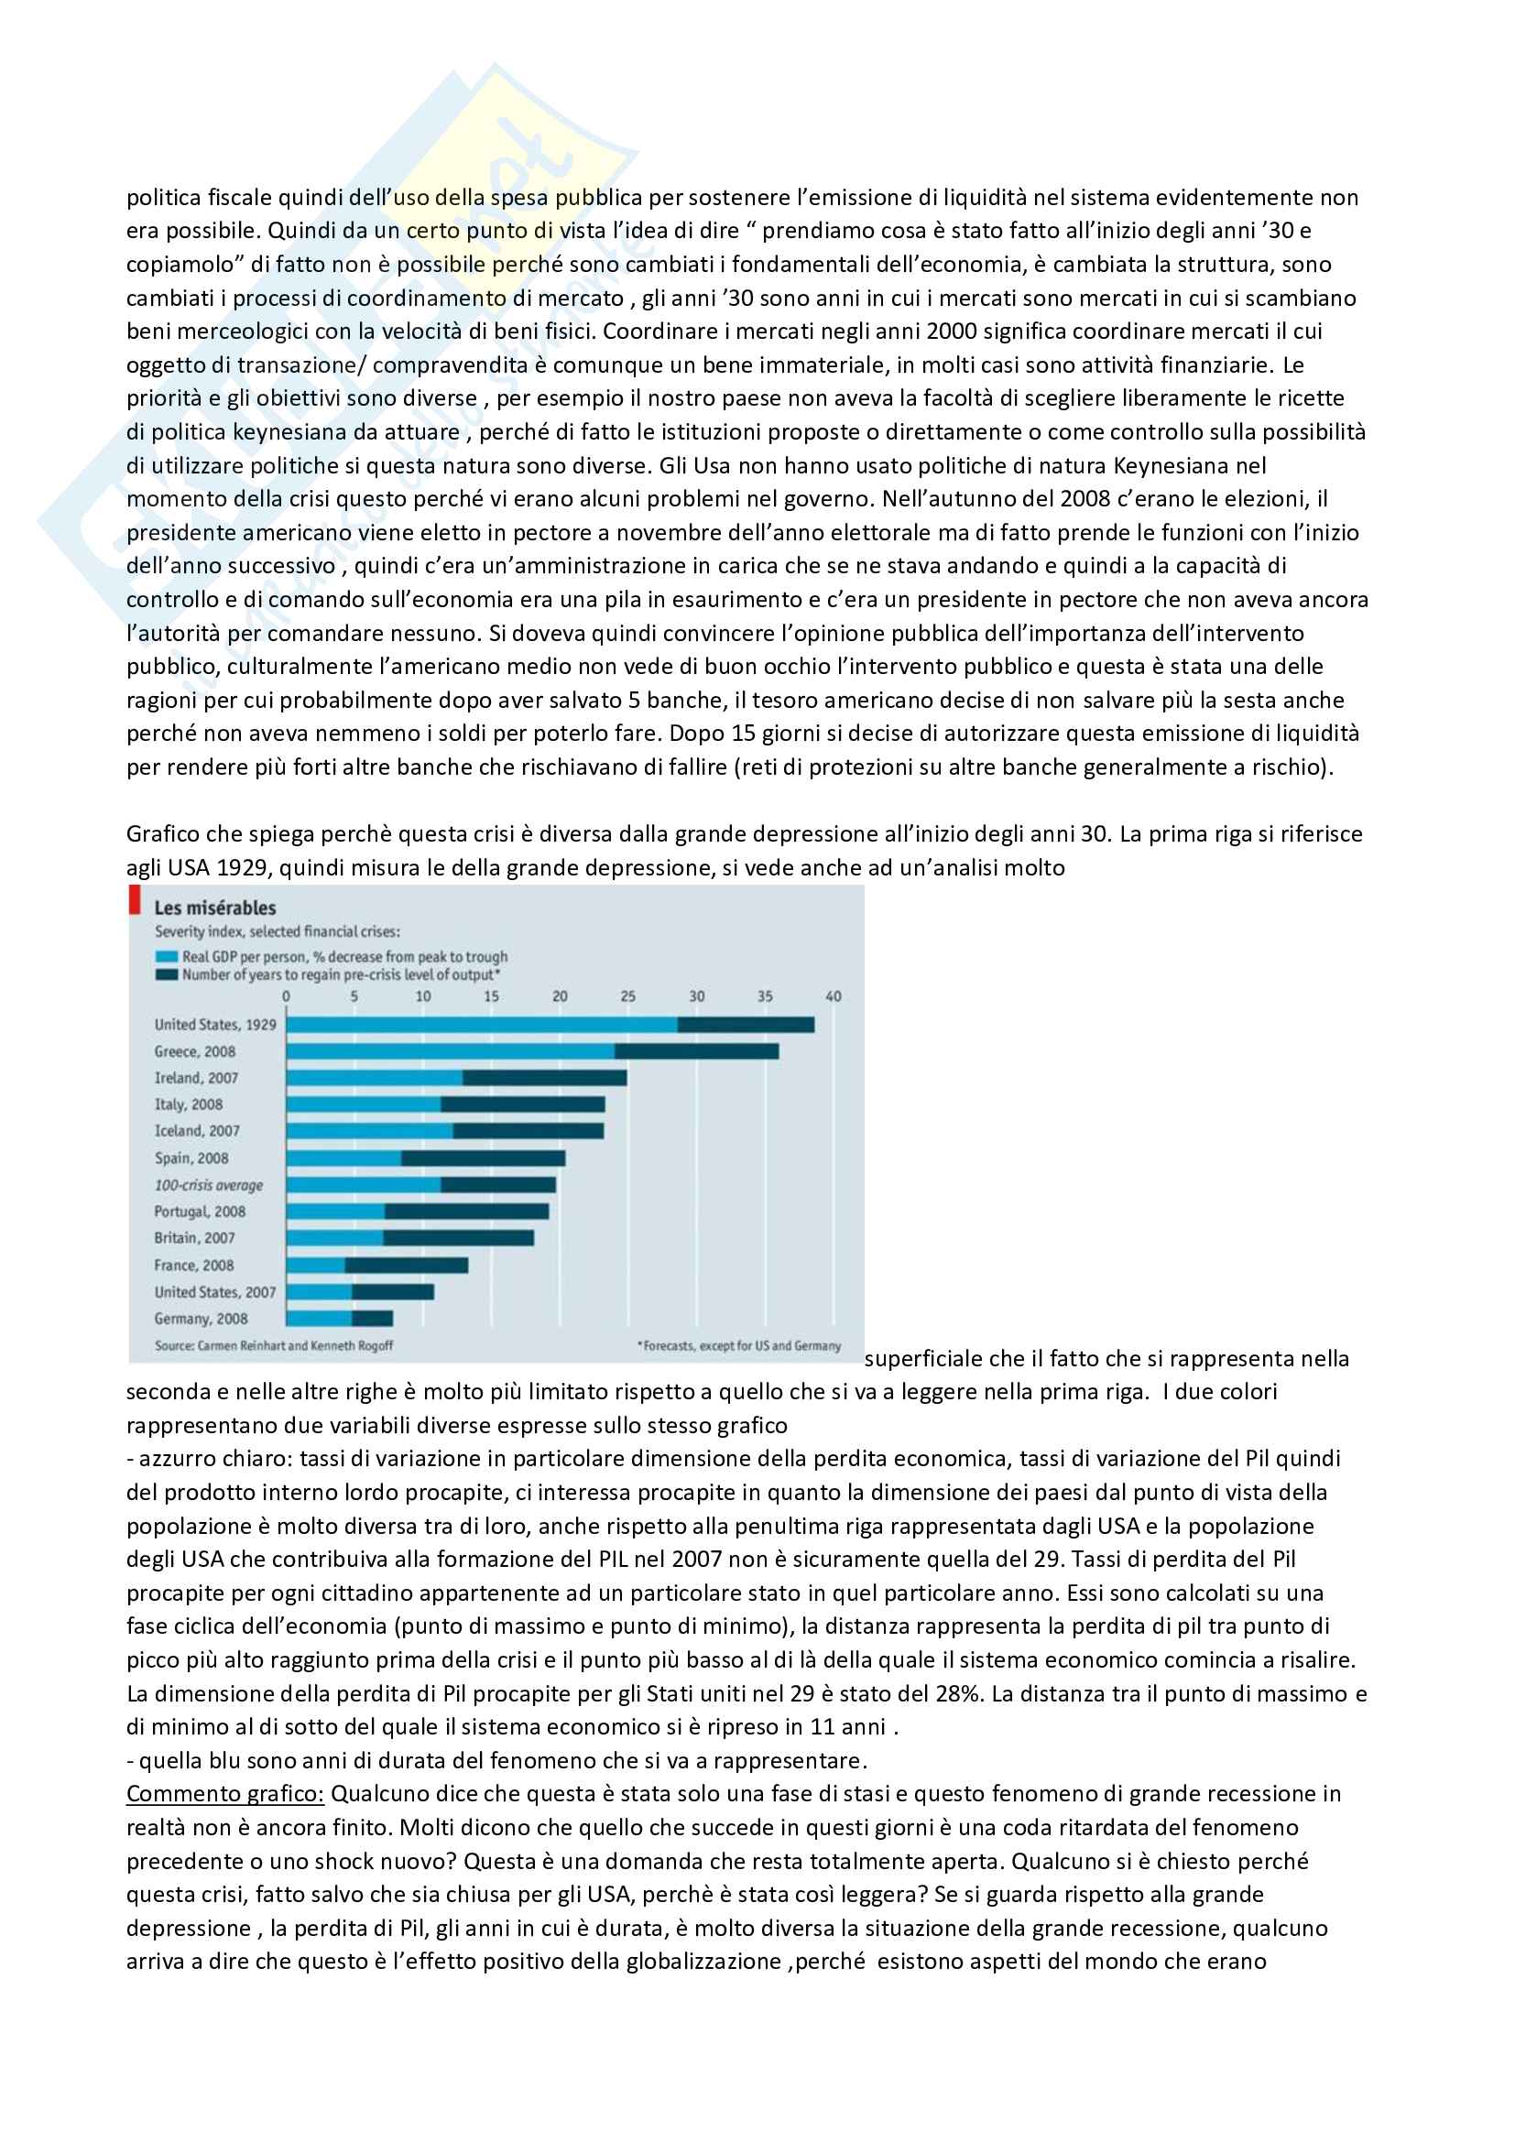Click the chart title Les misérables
214,908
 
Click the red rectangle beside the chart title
136,899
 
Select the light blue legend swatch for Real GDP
166,956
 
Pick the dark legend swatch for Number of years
166,975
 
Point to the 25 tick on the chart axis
627,996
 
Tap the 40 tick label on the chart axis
833,996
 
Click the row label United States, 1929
215,1025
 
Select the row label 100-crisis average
209,1185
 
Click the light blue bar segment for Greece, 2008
450,1051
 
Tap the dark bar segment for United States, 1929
746,1025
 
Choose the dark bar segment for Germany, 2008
372,1318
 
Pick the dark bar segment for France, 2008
406,1265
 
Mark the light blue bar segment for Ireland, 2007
374,1078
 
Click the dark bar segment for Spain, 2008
483,1158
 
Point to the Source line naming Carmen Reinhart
273,1345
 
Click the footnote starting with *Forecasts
739,1345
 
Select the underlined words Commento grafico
224,1793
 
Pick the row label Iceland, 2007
197,1131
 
